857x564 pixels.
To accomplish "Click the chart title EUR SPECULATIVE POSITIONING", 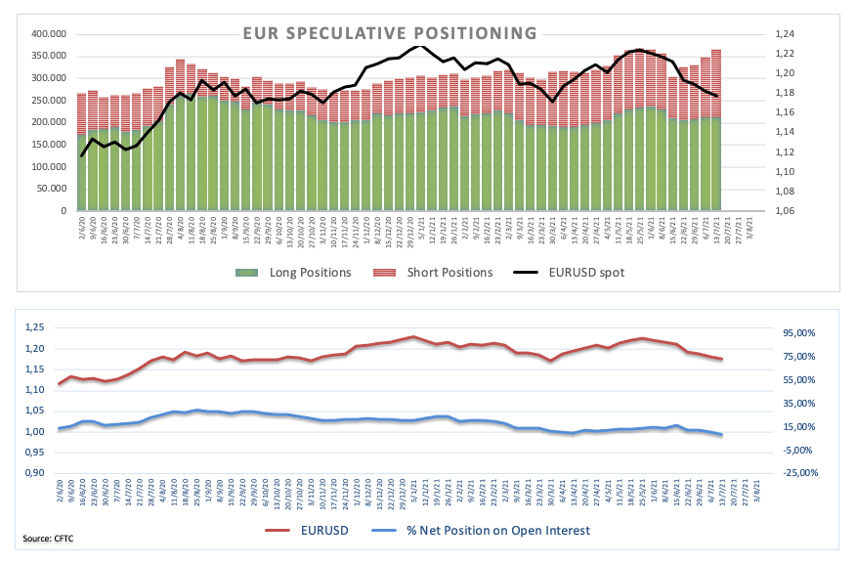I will coord(390,33).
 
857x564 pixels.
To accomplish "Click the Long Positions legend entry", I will coord(302,272).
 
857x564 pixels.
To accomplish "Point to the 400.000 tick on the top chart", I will coord(48,33).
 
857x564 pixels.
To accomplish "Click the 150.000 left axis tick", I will coord(48,145).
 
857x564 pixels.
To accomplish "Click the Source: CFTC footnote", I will coord(50,539).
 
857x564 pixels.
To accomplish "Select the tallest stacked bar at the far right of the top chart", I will coord(716,127).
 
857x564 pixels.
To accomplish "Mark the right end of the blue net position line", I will coord(721,434).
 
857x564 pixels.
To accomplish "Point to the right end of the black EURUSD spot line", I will coord(717,96).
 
